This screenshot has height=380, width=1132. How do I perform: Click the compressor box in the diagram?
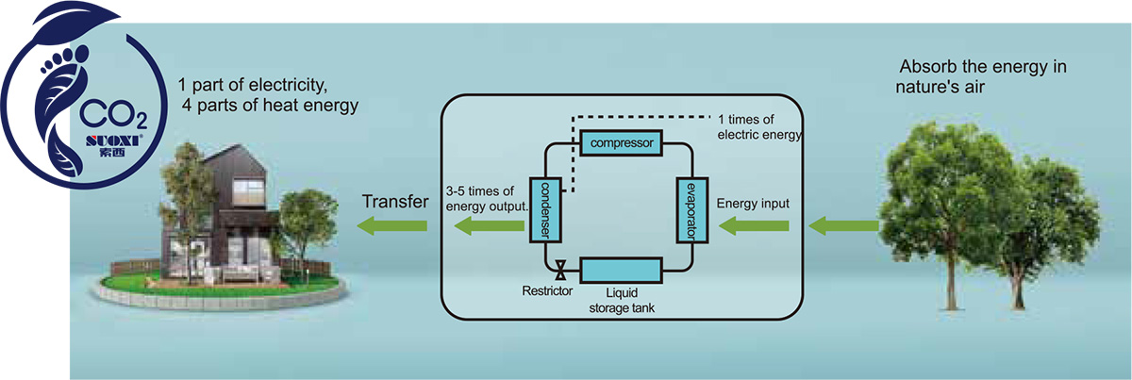point(621,143)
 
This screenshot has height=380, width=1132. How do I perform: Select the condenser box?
point(545,209)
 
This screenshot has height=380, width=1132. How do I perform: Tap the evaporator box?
point(691,209)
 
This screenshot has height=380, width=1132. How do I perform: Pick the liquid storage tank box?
point(621,271)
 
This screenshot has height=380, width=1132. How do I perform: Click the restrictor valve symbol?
point(560,271)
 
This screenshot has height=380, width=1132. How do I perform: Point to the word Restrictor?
point(547,291)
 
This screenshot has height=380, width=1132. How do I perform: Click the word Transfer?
point(395,202)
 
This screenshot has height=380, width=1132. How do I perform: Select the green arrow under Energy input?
point(754,226)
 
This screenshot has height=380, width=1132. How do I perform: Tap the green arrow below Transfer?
point(391,225)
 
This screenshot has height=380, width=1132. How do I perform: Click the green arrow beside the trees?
point(843,226)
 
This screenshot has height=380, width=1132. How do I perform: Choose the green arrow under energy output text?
point(490,225)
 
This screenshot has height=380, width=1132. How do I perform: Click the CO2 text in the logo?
point(113,115)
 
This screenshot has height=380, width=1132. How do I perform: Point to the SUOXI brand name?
point(113,140)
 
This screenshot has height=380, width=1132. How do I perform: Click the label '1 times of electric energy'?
point(759,127)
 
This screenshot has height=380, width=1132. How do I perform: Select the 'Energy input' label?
point(753,204)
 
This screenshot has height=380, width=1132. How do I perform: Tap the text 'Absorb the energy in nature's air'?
point(981,76)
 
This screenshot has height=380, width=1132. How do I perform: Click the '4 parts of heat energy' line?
point(271,106)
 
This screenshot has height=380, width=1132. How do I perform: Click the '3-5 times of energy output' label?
point(487,199)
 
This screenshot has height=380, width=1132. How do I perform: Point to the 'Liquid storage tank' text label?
point(622,300)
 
